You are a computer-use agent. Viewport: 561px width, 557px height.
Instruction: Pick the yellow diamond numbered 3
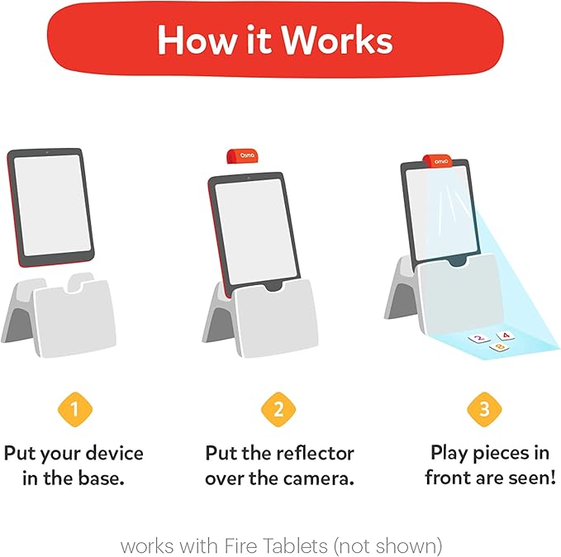pos(484,408)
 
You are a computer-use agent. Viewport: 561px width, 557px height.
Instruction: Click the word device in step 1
pos(113,454)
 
